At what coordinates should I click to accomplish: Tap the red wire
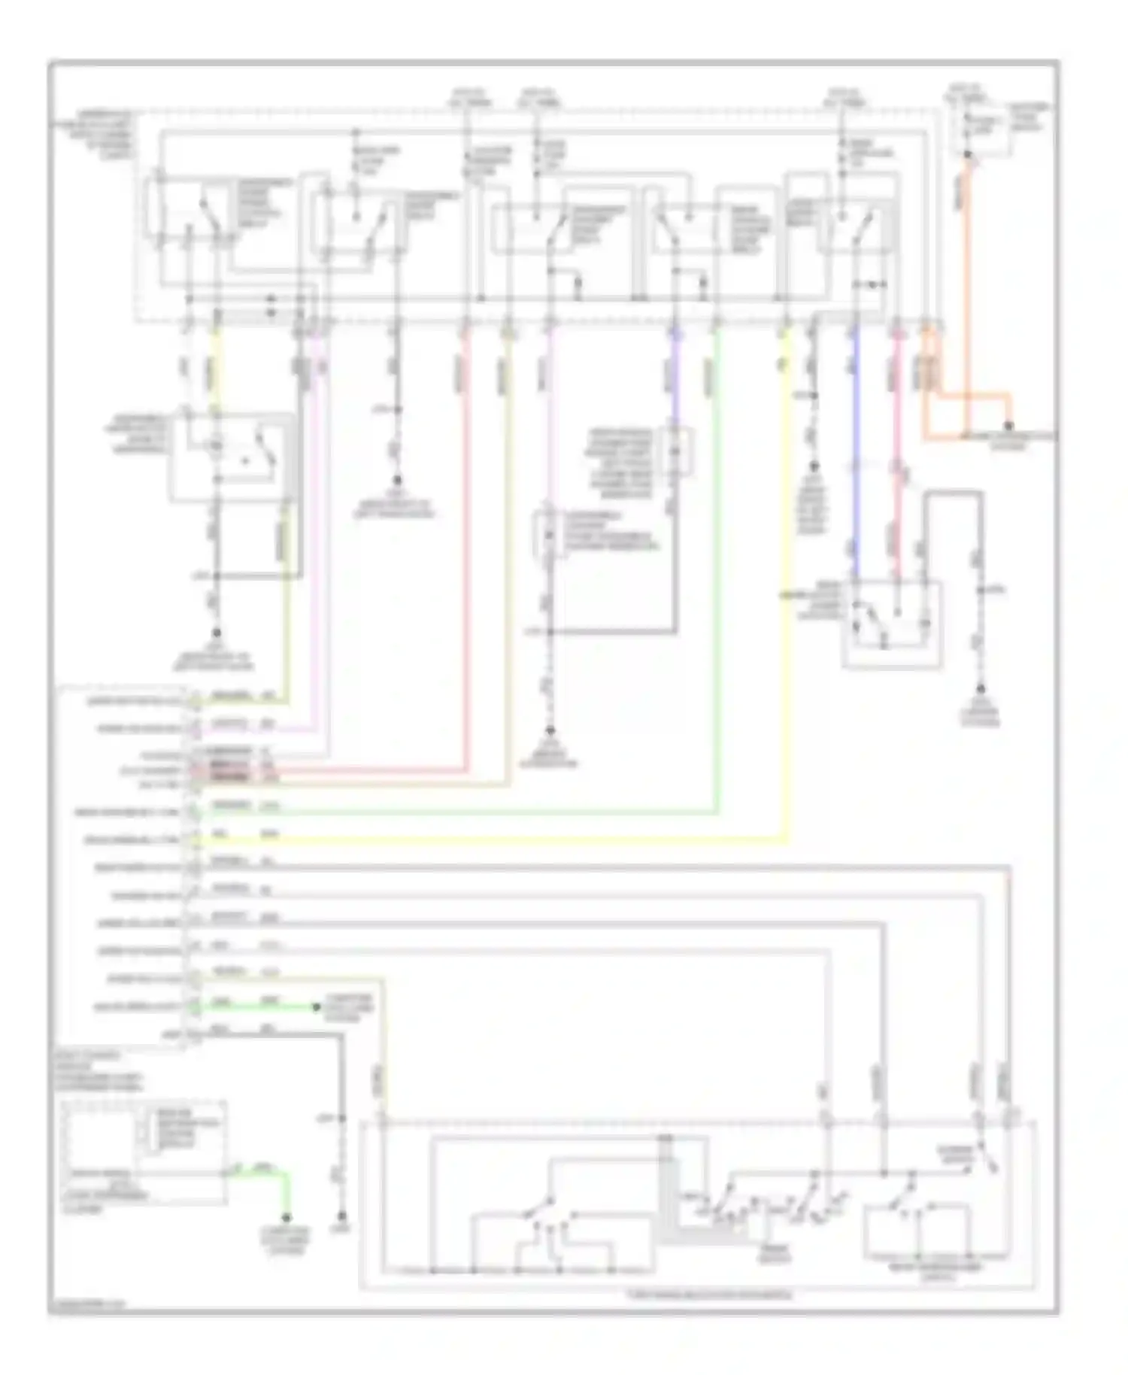(465, 527)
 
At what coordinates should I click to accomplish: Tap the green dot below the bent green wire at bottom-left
(287, 1217)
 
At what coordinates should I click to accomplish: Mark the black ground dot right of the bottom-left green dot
(341, 1216)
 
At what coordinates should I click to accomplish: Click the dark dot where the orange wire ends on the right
(1009, 426)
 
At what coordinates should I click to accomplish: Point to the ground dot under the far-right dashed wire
(980, 689)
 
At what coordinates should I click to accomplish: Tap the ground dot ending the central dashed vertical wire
(550, 730)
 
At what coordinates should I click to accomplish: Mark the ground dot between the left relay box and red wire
(397, 480)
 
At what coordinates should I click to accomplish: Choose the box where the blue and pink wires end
(892, 624)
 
